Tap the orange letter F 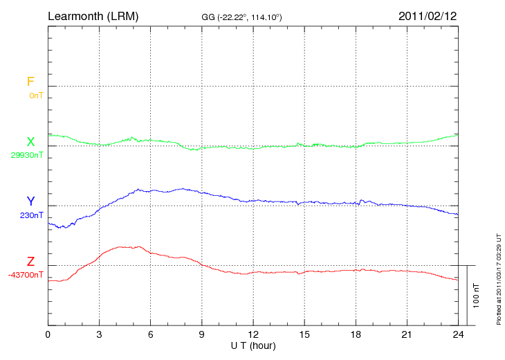[30, 82]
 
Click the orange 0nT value [36, 96]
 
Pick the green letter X [30, 142]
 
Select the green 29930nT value [27, 155]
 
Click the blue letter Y [30, 201]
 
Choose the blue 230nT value [32, 215]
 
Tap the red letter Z [30, 262]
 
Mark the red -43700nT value [26, 275]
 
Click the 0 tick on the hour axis [48, 334]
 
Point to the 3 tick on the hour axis [99, 334]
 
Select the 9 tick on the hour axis [202, 334]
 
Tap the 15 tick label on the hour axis [304, 334]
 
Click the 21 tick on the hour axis [407, 334]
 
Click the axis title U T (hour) [253, 345]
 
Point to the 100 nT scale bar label [476, 296]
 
